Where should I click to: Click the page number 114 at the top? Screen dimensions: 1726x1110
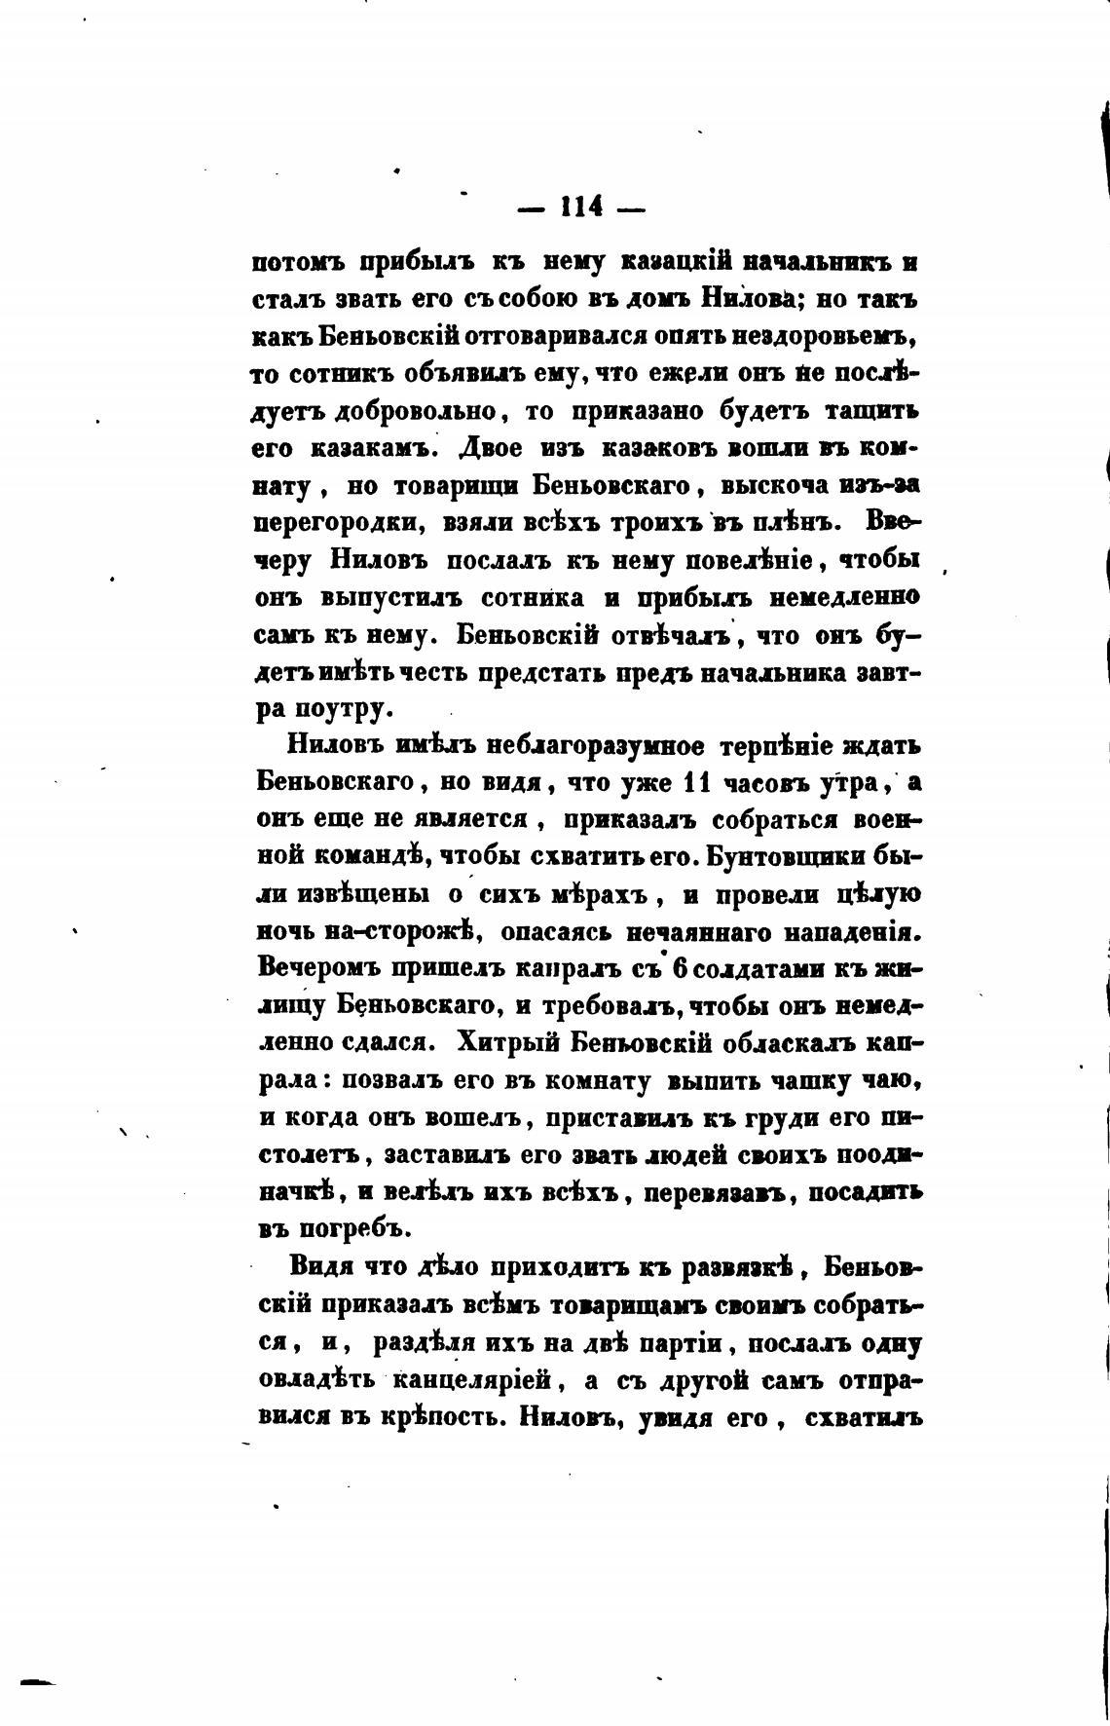581,206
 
